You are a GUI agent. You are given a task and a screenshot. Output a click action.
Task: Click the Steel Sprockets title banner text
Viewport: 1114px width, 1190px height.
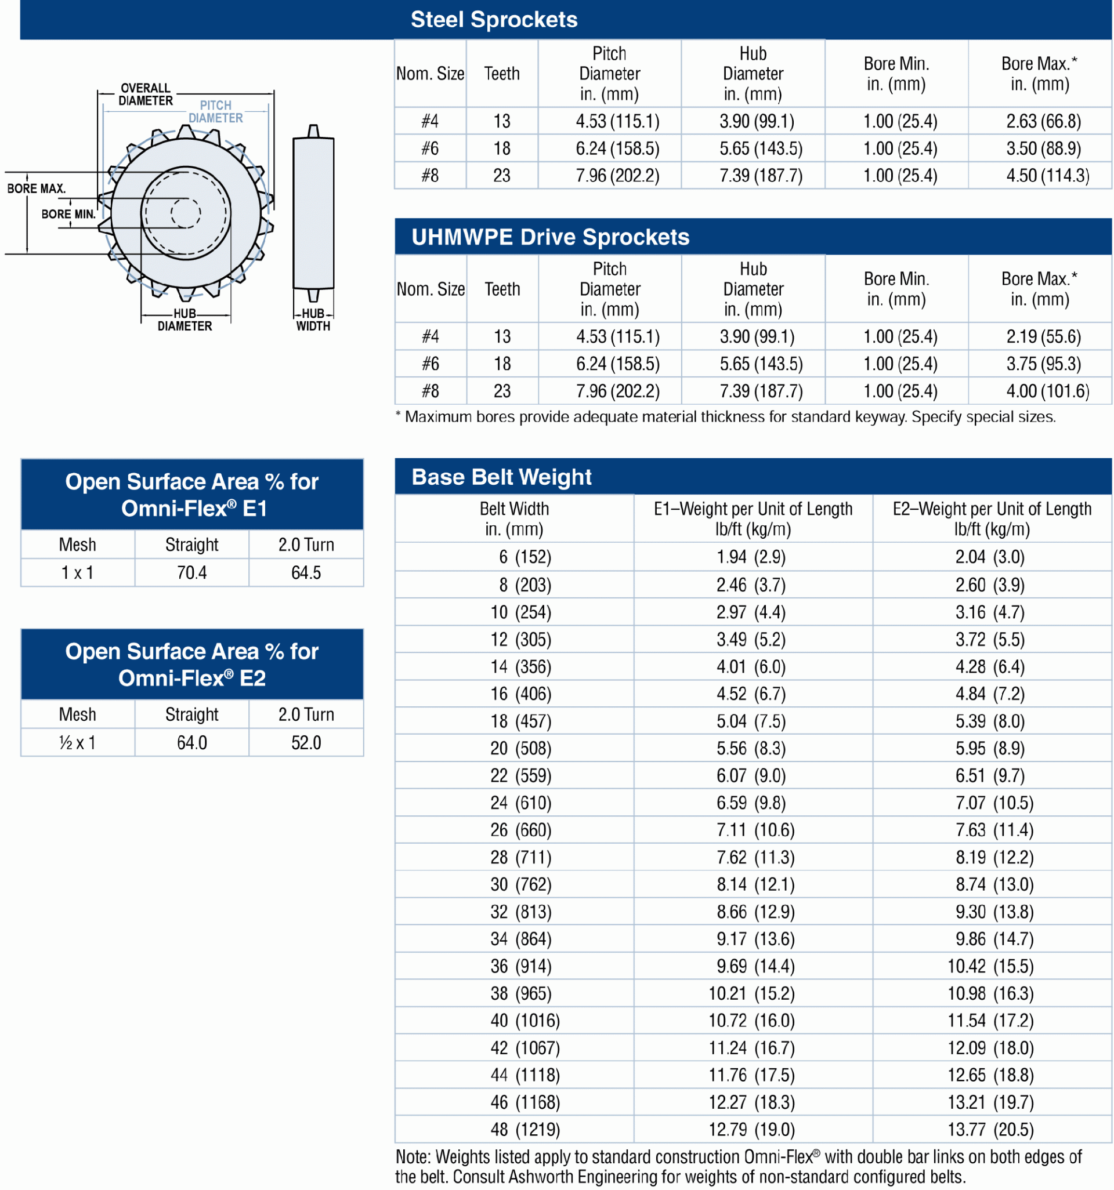[x=494, y=20]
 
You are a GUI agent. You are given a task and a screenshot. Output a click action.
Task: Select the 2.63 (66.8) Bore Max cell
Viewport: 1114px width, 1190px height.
[x=1043, y=122]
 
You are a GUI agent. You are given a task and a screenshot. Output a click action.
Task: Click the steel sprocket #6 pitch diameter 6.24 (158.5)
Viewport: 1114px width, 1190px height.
[x=617, y=148]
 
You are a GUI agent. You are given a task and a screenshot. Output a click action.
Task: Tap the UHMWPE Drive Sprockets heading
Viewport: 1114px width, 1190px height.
[x=550, y=237]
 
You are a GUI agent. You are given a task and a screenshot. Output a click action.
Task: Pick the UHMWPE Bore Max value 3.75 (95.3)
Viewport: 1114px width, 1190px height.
[x=1043, y=364]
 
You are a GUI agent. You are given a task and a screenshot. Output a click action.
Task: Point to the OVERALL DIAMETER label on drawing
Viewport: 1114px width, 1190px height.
[x=146, y=95]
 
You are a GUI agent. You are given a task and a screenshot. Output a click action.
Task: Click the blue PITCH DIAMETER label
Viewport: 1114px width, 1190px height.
[x=216, y=112]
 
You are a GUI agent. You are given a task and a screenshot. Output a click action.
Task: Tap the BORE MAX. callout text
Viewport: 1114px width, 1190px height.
[x=36, y=188]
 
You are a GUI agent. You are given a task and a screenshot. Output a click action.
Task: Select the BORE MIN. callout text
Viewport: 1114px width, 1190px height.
[x=68, y=215]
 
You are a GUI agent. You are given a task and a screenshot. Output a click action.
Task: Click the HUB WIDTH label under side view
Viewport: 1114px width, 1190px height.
[x=313, y=320]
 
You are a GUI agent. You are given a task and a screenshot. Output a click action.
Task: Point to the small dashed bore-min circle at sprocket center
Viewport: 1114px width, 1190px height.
[x=186, y=213]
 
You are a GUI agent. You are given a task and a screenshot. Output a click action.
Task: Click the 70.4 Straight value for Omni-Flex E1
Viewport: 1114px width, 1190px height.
[x=191, y=573]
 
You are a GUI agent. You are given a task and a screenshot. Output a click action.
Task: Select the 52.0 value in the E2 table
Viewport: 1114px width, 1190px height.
[x=306, y=743]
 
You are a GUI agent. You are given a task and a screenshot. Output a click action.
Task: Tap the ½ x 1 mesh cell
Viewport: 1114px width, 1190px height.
[x=77, y=743]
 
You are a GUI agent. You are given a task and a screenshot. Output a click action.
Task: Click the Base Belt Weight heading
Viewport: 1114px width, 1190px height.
[x=501, y=477]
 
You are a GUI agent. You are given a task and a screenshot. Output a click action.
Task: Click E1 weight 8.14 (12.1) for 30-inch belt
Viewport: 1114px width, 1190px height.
[x=755, y=884]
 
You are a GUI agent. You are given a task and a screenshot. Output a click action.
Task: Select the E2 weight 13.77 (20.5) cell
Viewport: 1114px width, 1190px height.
[x=990, y=1130]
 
